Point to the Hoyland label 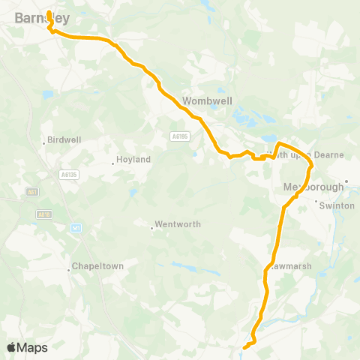[x=134, y=160]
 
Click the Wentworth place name [x=175, y=225]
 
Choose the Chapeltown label [x=97, y=266]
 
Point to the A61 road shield [x=32, y=192]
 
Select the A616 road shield [x=42, y=214]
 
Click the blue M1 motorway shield [x=76, y=228]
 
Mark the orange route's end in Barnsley [x=48, y=12]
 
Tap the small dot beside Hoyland [x=113, y=163]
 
